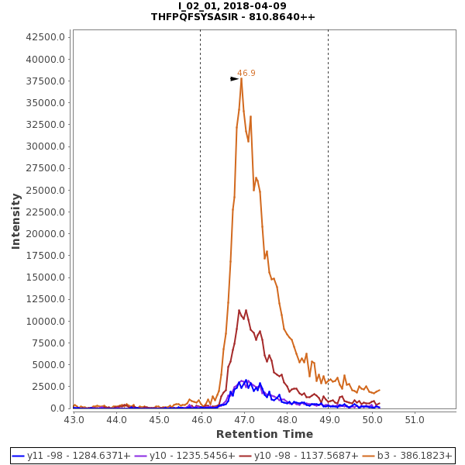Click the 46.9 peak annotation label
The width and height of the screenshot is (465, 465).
click(246, 73)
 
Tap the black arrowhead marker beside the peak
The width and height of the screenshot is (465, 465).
click(234, 79)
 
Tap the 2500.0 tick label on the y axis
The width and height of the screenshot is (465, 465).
click(50, 387)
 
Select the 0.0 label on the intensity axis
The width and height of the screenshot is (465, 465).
click(57, 408)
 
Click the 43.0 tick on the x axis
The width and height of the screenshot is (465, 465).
click(74, 419)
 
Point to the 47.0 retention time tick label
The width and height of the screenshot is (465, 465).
click(244, 419)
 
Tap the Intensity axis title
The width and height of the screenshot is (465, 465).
click(15, 221)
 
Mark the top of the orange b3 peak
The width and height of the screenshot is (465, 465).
click(241, 78)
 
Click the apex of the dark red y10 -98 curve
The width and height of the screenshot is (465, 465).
click(239, 311)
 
